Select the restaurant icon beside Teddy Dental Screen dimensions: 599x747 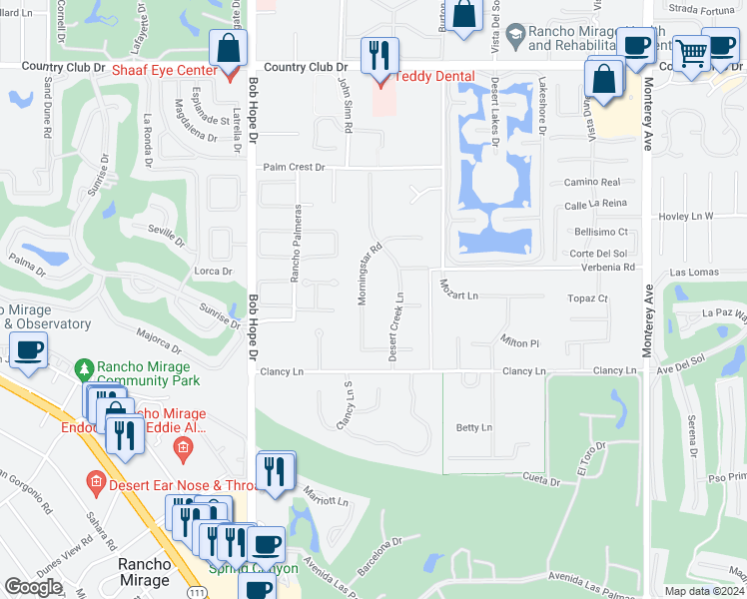click(379, 55)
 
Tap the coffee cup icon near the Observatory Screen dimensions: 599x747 click(28, 350)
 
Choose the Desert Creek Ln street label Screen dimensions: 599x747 click(396, 326)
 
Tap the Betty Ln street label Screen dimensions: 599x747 click(474, 428)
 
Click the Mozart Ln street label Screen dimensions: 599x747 click(459, 297)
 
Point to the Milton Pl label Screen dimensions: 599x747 click(519, 342)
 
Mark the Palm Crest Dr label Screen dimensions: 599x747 click(294, 168)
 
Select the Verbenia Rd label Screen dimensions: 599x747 click(602, 268)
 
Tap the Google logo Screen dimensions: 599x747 click(33, 586)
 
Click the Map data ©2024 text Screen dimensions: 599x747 click(705, 591)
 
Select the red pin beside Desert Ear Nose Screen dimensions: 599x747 click(95, 485)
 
